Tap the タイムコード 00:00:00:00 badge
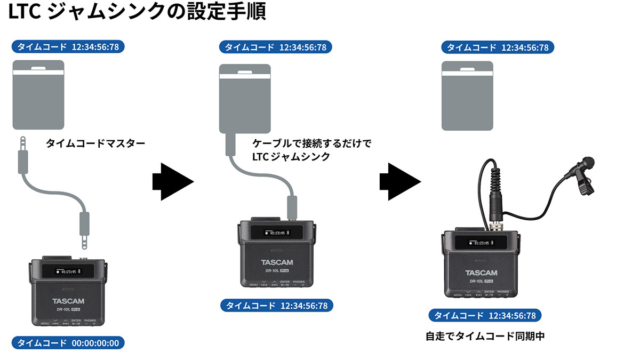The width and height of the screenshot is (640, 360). point(68,343)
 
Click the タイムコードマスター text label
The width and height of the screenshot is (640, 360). point(95,143)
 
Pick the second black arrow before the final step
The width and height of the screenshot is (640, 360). point(399,181)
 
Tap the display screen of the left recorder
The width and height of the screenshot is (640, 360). point(66,271)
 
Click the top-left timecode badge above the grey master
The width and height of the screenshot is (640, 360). point(68,47)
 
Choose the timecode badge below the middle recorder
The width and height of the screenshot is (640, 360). point(276,306)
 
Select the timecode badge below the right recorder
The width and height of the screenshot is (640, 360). point(484,315)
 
